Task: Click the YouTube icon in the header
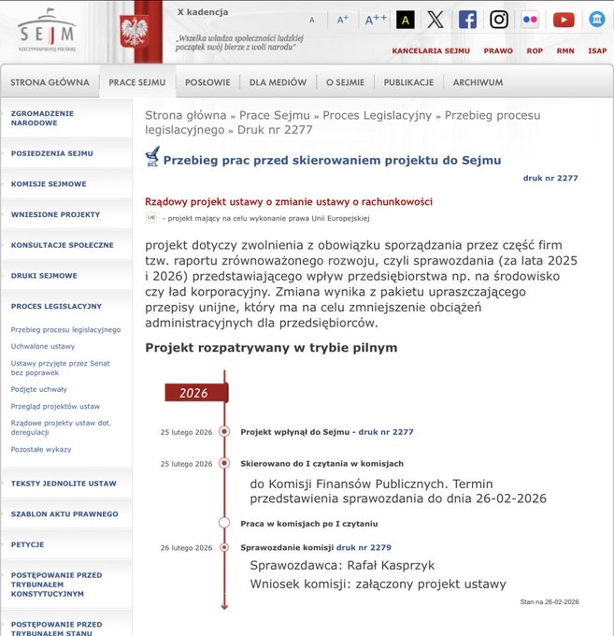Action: [564, 20]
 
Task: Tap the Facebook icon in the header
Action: [467, 20]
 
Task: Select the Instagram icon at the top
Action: [499, 20]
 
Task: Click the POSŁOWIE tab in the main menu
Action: [207, 82]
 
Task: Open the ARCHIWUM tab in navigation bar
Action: [478, 82]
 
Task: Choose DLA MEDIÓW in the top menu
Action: [278, 82]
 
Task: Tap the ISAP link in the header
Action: [597, 51]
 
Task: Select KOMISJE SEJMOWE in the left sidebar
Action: [49, 184]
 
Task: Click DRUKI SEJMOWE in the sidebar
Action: [44, 276]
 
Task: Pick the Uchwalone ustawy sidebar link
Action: [43, 346]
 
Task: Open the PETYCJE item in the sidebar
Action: [28, 544]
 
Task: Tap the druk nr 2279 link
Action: [364, 547]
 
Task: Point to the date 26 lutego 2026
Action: [187, 548]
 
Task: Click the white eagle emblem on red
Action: [135, 31]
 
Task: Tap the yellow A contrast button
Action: [406, 20]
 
